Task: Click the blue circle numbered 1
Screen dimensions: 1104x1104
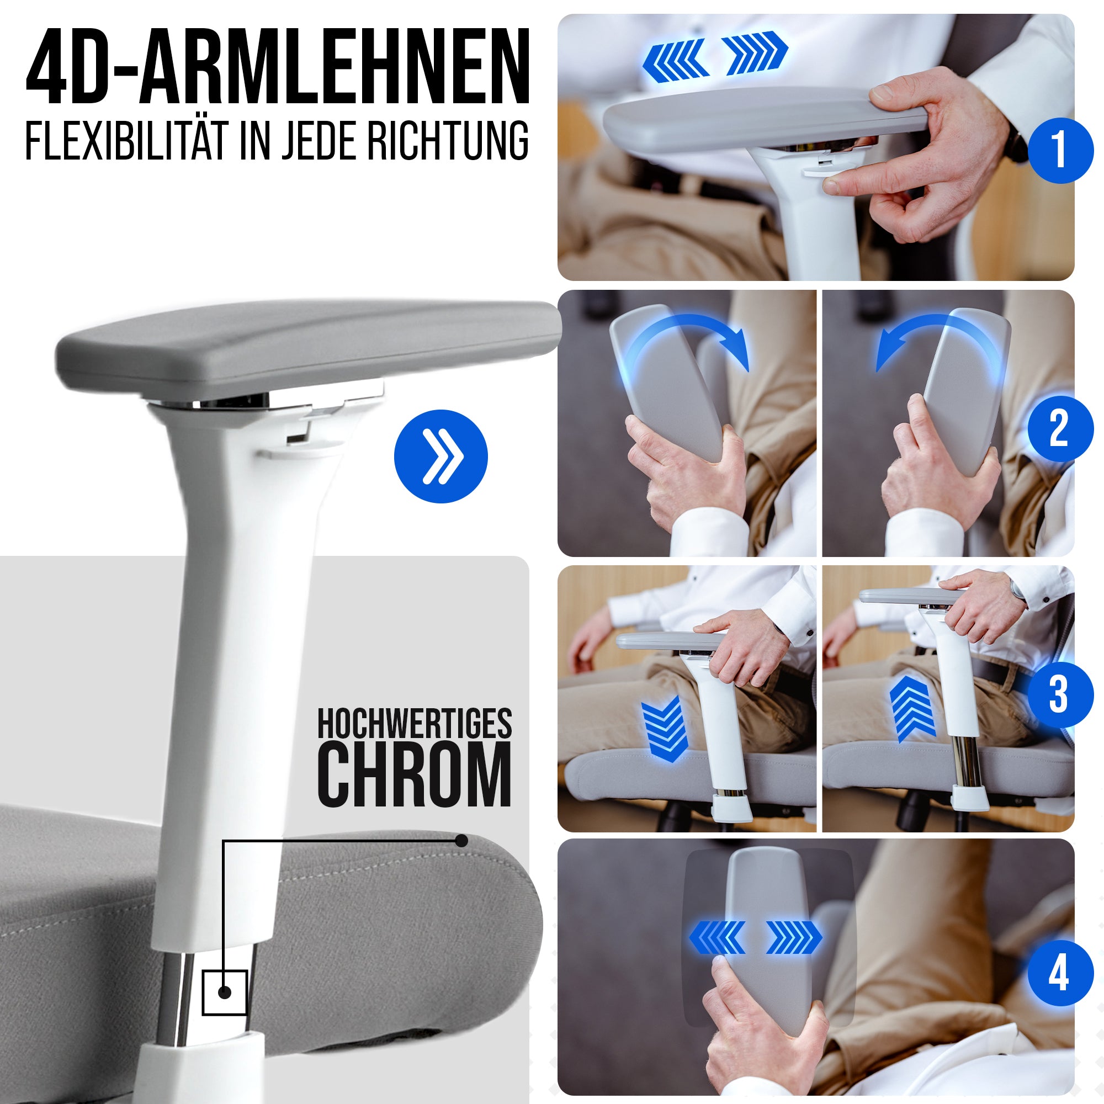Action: tap(1060, 150)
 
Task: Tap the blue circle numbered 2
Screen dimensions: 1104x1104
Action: tap(1060, 428)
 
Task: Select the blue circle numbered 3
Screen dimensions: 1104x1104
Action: tap(1060, 695)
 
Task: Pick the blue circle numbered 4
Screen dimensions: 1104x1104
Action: tap(1060, 973)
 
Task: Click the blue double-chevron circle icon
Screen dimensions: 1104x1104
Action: tap(440, 457)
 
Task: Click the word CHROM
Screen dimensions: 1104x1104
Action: tap(415, 774)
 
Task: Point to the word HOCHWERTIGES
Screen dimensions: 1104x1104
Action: tap(415, 724)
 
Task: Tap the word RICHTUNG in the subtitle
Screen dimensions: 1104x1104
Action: tap(448, 141)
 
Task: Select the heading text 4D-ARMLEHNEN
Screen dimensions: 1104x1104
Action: tap(278, 67)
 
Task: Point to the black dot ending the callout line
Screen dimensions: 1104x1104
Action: tap(461, 841)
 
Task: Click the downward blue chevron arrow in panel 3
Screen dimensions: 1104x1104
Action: tap(663, 729)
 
